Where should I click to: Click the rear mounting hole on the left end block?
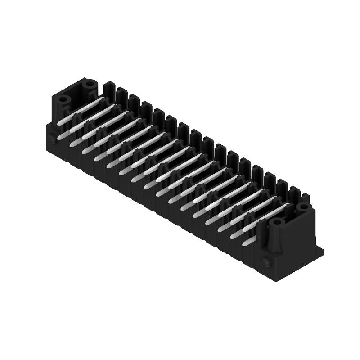[x=90, y=83]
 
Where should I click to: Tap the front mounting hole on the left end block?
[x=63, y=99]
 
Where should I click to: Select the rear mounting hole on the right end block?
[x=302, y=207]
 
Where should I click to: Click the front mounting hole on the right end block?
[x=277, y=222]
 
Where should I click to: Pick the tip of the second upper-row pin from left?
[x=72, y=130]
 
